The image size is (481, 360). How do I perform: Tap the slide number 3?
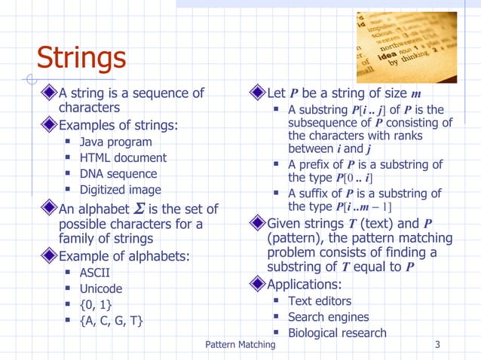tap(437, 345)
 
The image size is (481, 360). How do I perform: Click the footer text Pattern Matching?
tap(240, 345)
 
